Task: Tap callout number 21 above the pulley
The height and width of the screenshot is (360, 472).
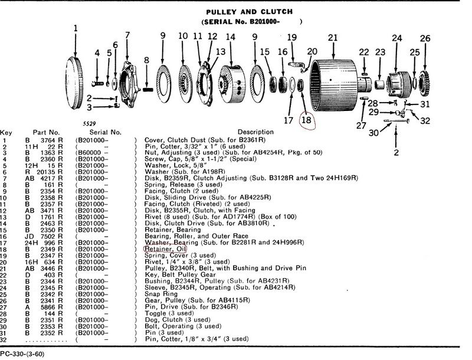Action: [333, 38]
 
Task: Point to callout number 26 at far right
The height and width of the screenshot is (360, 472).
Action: [425, 40]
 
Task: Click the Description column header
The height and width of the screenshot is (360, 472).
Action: [257, 132]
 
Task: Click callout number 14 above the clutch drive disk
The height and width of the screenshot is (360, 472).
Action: [230, 38]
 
